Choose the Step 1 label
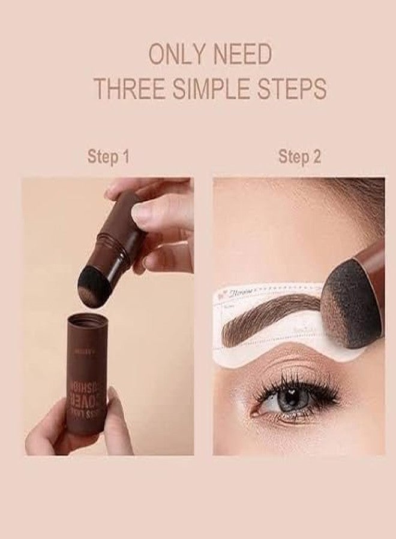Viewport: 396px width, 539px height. (108, 158)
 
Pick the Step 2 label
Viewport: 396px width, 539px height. (299, 158)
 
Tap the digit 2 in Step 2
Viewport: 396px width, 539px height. (316, 158)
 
